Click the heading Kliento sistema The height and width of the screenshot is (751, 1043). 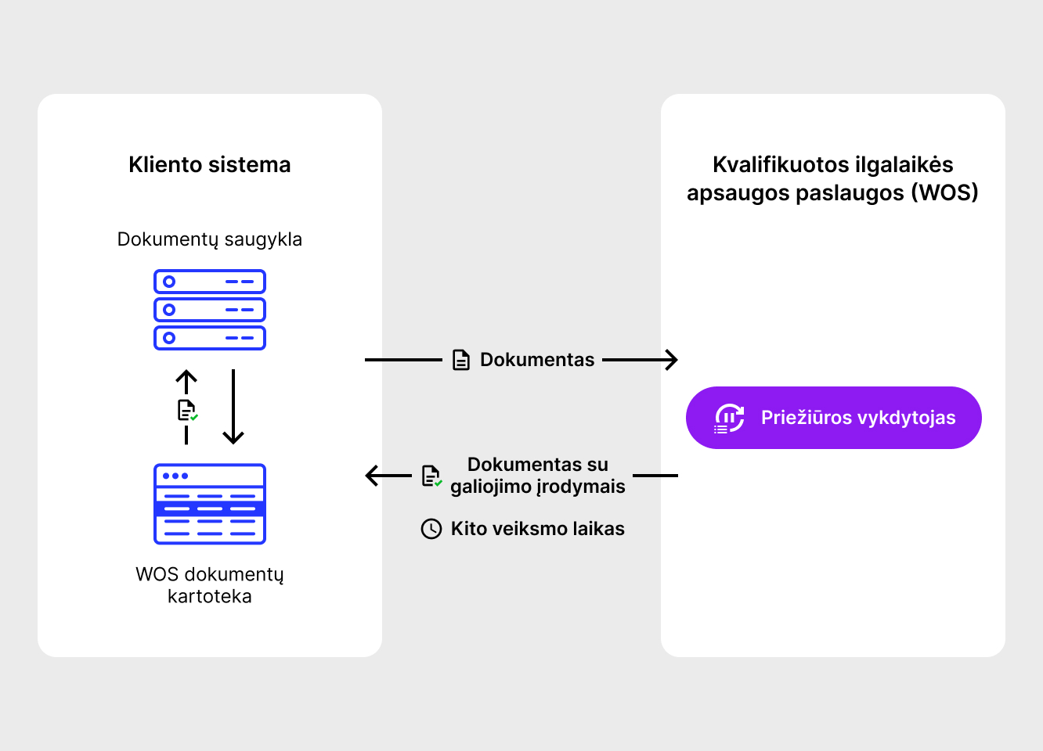click(x=210, y=165)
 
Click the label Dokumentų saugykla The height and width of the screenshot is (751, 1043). click(x=210, y=239)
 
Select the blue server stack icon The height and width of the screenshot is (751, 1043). click(x=210, y=310)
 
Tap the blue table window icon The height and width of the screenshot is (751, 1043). click(x=210, y=504)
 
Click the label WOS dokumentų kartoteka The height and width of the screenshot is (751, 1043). click(x=210, y=585)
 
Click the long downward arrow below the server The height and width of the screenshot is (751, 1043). click(x=233, y=407)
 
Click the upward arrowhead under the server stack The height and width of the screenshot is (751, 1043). click(x=186, y=377)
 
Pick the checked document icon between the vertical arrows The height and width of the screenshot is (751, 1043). click(x=188, y=411)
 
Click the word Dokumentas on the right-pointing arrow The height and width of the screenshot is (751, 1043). click(x=537, y=360)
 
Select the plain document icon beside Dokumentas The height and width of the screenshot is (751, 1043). click(x=461, y=360)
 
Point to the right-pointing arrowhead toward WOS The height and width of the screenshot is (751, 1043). click(x=671, y=360)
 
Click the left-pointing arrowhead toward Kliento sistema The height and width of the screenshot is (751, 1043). click(x=372, y=476)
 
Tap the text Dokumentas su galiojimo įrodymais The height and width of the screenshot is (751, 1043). click(x=538, y=476)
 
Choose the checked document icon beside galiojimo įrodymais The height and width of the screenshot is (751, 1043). click(x=431, y=476)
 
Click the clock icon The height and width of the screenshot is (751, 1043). click(x=431, y=529)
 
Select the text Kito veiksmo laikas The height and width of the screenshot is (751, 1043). click(x=538, y=529)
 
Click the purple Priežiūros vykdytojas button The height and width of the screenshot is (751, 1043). click(x=833, y=418)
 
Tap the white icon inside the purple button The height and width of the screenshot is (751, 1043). click(x=729, y=419)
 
